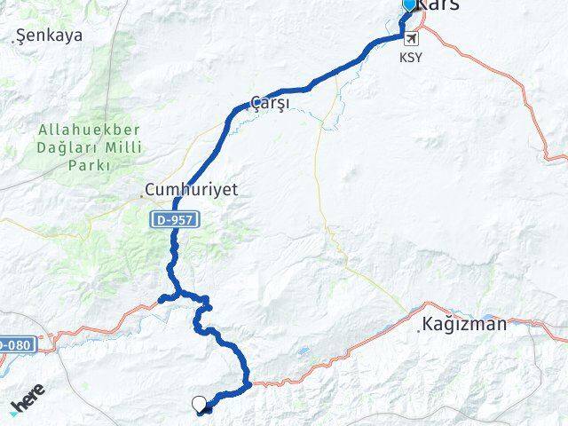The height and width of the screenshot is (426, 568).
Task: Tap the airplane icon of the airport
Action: [x=411, y=38]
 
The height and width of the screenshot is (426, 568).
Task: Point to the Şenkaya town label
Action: [x=51, y=36]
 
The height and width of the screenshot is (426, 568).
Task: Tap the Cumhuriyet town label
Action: [x=193, y=190]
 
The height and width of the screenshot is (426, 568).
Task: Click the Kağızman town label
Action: [x=466, y=325]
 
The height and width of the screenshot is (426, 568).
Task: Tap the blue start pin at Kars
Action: [x=409, y=6]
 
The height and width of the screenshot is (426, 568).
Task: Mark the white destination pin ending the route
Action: [x=199, y=405]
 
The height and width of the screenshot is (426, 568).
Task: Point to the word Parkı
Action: [x=91, y=166]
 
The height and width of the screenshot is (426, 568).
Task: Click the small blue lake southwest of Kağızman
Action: [x=305, y=351]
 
